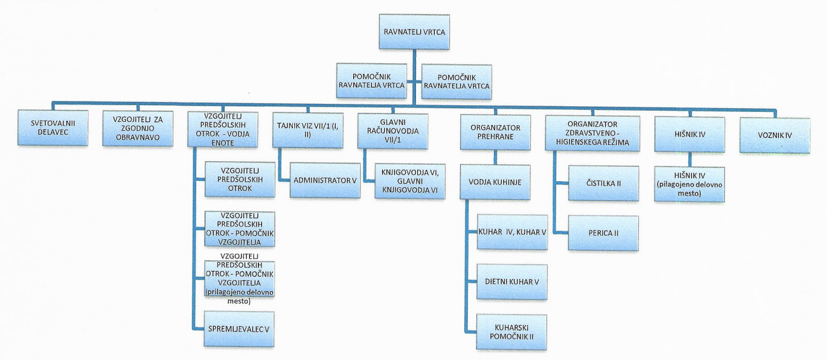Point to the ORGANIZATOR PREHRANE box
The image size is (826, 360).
tap(495, 131)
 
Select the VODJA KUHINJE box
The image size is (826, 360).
tap(495, 182)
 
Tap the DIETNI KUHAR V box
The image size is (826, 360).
tap(512, 282)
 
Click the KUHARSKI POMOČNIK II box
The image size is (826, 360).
tap(512, 332)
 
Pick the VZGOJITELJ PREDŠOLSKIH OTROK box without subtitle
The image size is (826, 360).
tap(239, 179)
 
